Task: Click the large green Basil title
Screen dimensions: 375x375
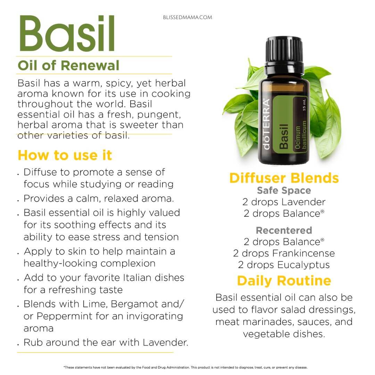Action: (67, 33)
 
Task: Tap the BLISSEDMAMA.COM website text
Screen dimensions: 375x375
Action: (187, 17)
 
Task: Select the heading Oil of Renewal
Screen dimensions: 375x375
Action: (68, 65)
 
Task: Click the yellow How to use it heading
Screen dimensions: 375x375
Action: (65, 155)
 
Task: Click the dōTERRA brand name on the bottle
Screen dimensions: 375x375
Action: (266, 124)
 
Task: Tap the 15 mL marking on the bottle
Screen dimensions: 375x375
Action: (304, 105)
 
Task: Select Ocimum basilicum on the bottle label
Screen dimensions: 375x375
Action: (301, 135)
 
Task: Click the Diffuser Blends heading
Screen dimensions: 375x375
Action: (284, 178)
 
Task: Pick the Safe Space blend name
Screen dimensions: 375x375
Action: (284, 190)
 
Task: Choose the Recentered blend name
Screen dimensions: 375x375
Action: (284, 230)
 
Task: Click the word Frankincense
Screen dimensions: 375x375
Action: (303, 253)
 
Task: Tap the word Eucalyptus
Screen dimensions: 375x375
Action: (303, 265)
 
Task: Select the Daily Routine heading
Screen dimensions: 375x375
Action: (284, 281)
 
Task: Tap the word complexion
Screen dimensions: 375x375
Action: (128, 264)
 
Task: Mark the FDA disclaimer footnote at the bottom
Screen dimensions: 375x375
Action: (185, 367)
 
